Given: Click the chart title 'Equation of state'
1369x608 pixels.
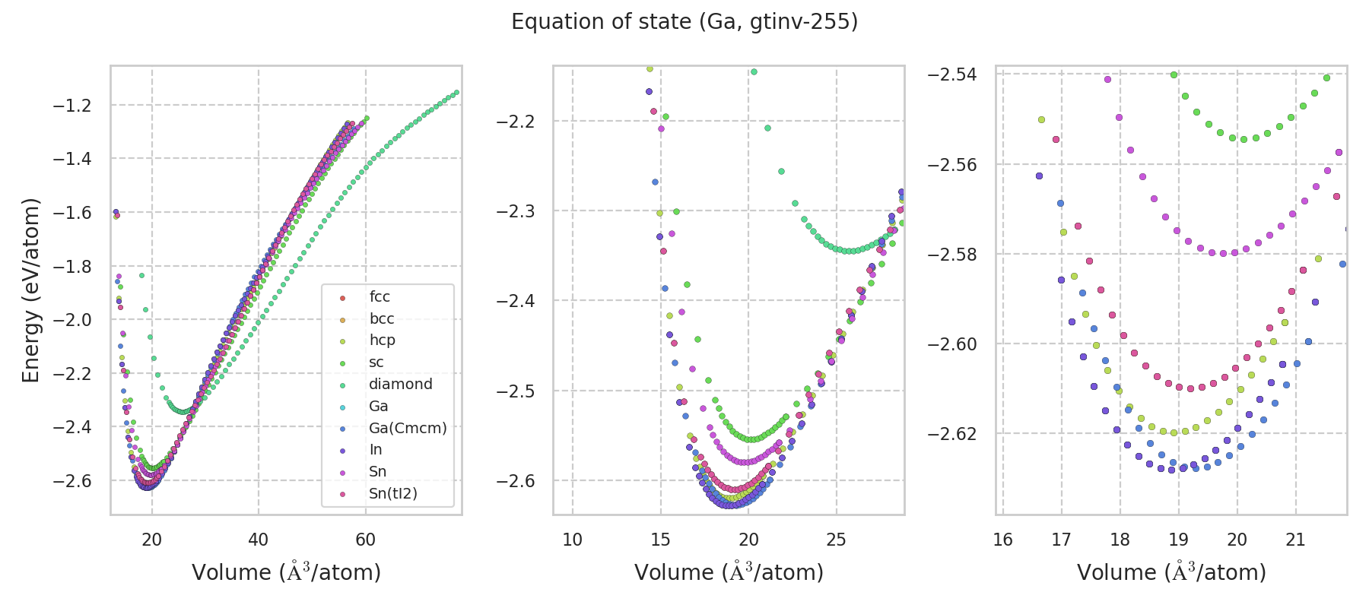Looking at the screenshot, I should (684, 22).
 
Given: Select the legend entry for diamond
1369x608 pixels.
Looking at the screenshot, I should (400, 385).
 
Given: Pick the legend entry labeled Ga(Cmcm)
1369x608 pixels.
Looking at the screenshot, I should (407, 428).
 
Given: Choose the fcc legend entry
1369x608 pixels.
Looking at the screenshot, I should (380, 297).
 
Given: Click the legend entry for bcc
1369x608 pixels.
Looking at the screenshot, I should (382, 319).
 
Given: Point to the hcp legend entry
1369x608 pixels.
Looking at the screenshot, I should (382, 340).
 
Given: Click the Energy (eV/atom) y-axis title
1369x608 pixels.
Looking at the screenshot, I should (30, 290).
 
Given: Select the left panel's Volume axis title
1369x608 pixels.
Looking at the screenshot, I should (286, 572).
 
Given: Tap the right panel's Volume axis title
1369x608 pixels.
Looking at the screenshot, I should (1171, 572).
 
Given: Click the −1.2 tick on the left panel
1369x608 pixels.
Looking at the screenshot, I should (71, 106).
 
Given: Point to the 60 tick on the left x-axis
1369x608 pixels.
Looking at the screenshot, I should (365, 540).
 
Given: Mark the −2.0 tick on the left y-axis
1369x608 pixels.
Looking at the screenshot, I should (71, 320).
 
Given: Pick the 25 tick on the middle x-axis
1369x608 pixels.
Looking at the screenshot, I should (837, 540).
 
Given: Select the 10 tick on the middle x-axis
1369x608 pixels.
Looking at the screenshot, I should (572, 540).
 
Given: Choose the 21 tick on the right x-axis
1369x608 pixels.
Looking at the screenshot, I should (1295, 540).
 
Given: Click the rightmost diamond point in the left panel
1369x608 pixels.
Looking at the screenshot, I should (456, 93).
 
